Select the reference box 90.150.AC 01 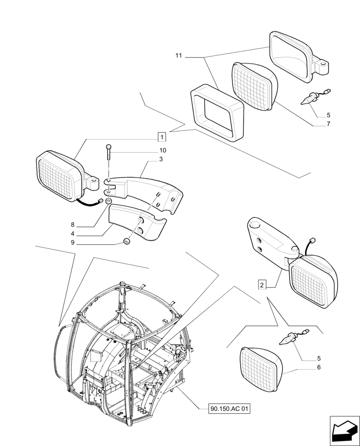pos(229,409)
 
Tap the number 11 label pos(179,56)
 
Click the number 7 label pos(328,124)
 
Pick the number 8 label pos(72,225)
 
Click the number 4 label pos(72,234)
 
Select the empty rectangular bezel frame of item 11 pos(217,114)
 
